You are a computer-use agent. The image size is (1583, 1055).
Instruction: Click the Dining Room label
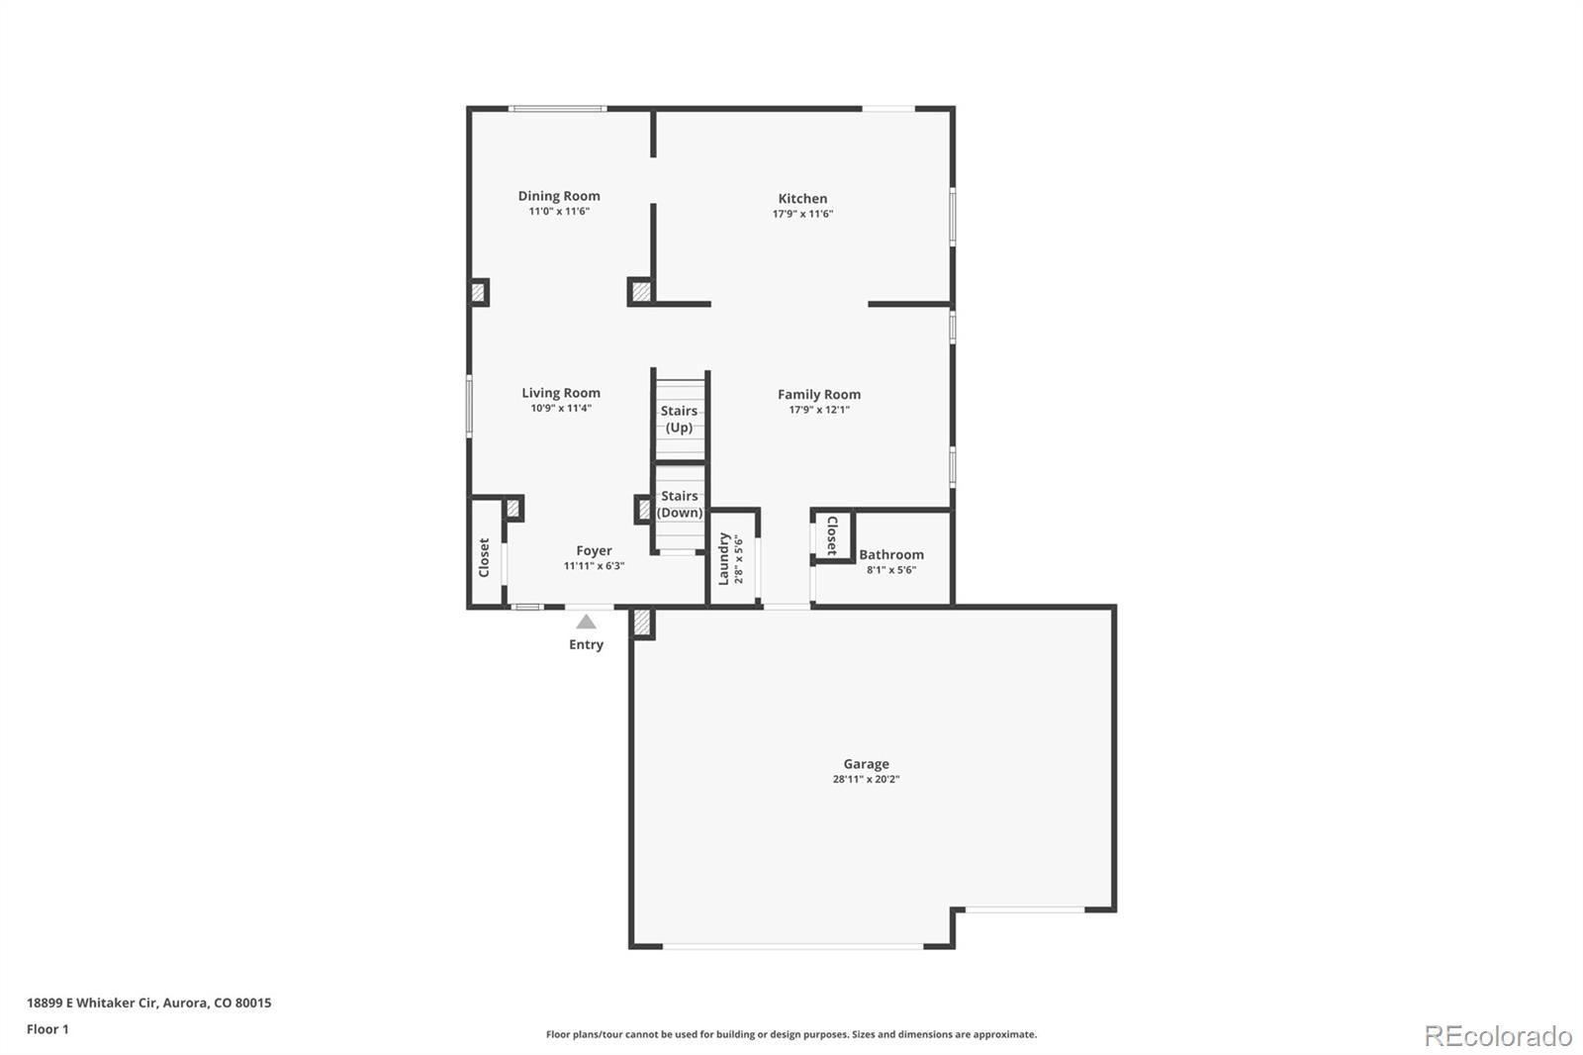[x=559, y=196]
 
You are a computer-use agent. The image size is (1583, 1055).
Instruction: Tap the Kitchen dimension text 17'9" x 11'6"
[x=802, y=214]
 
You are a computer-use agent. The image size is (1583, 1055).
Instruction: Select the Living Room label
[x=561, y=393]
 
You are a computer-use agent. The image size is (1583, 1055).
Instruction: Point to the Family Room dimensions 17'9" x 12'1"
[x=818, y=410]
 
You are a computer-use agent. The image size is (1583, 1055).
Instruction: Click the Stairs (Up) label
[x=679, y=419]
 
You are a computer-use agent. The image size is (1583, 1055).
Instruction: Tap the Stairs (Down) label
[x=680, y=504]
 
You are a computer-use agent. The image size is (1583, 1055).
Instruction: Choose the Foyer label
[x=594, y=551]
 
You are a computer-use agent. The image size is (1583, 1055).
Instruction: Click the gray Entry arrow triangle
[x=587, y=622]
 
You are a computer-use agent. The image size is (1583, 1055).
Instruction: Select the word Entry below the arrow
[x=586, y=644]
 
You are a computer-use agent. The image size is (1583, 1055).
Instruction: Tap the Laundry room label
[x=723, y=559]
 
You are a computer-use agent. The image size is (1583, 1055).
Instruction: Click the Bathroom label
[x=890, y=555]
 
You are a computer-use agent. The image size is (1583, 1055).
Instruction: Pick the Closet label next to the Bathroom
[x=832, y=535]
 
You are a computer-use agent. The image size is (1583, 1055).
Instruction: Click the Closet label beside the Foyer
[x=484, y=557]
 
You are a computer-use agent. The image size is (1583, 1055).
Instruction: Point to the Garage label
[x=866, y=764]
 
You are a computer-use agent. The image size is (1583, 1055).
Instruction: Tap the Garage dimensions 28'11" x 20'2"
[x=866, y=779]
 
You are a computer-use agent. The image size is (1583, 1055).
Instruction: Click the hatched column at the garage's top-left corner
[x=642, y=623]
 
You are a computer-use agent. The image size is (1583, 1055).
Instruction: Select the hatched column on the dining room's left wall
[x=478, y=292]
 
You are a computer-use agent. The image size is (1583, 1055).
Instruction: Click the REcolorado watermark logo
[x=1497, y=1035]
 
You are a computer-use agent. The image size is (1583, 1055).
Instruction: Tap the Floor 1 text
[x=47, y=1029]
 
